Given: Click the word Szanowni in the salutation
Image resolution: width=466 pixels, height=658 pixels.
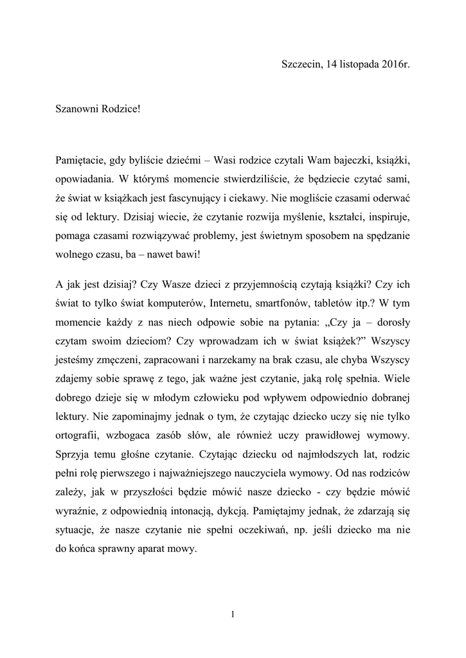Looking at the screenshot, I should click(76, 109).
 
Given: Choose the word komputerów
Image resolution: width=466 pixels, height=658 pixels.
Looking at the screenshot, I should click(179, 300).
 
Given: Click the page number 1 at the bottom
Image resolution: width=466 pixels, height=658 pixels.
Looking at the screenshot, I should click(233, 614).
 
